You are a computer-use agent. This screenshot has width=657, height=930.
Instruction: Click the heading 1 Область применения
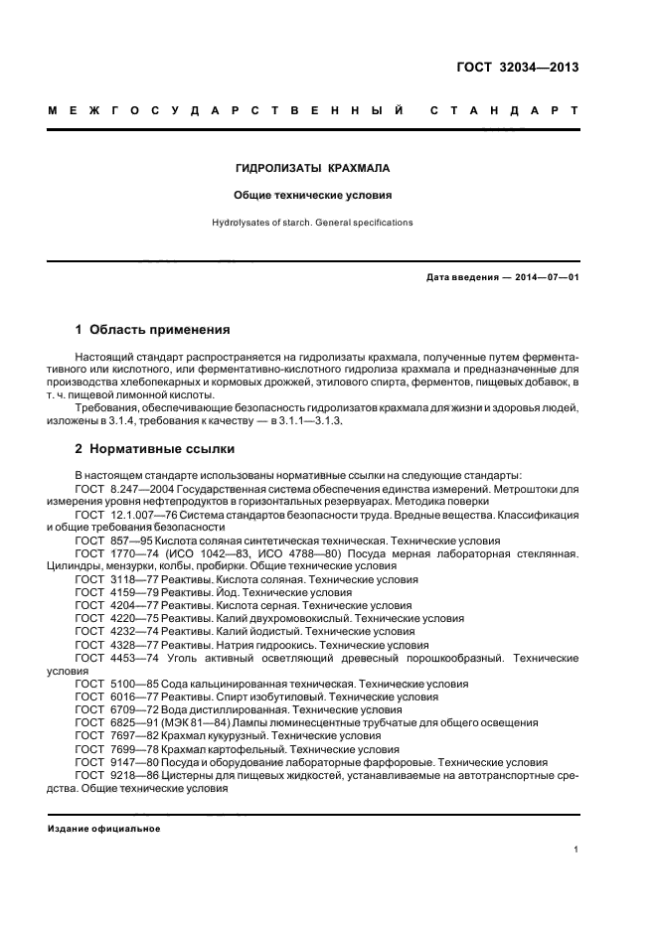[x=153, y=329]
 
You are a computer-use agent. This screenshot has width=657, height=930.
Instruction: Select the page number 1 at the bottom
[x=576, y=851]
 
